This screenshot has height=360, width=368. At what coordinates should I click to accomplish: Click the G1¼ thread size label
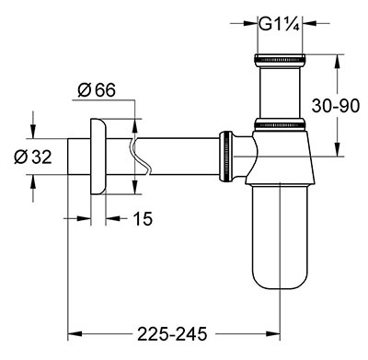(x=279, y=24)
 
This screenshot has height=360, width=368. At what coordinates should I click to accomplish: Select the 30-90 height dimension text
(x=335, y=106)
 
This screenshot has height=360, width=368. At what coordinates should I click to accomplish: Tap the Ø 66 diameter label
(x=97, y=90)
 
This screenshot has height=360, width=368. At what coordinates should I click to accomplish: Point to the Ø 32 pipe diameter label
(x=33, y=157)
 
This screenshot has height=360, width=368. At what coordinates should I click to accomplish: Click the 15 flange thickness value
(x=143, y=218)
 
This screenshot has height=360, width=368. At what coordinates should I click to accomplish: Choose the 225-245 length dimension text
(x=172, y=333)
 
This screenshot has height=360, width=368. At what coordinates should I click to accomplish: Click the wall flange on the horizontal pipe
(x=98, y=157)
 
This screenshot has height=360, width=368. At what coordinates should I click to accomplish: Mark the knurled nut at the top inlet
(x=280, y=60)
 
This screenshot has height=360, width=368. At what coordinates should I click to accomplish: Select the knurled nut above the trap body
(x=280, y=123)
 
